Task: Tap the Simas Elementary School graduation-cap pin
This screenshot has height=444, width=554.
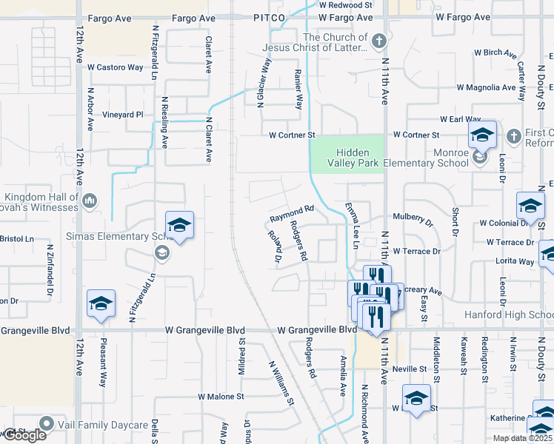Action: (178, 226)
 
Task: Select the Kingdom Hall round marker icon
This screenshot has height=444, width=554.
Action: (90, 201)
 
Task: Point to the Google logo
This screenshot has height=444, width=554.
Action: (24, 435)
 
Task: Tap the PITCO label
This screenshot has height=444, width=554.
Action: (268, 17)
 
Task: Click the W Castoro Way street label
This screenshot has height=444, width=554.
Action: (115, 67)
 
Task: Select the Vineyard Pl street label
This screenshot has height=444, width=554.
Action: (122, 115)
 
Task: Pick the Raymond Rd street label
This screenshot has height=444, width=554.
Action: (292, 215)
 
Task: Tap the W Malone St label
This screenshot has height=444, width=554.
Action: (221, 397)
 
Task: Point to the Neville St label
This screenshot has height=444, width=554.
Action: (410, 369)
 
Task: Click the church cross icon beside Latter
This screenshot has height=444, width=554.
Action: (378, 41)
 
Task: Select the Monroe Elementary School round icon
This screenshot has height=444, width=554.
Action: (479, 156)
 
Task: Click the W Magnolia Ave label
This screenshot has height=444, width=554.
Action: (486, 87)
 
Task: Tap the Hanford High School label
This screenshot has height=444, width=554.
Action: (508, 314)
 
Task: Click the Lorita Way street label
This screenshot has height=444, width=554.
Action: (516, 261)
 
